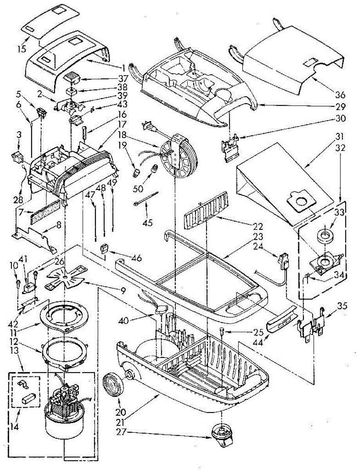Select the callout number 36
point(340,95)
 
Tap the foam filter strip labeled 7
point(47,210)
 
